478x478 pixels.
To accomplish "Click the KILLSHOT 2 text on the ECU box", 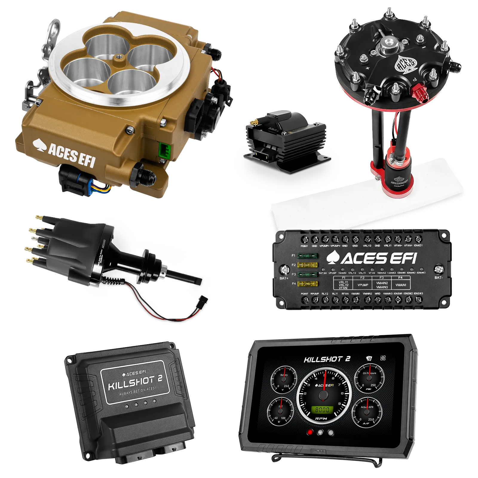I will coord(135,383).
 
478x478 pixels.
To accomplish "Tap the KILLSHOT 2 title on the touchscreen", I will coord(327,359).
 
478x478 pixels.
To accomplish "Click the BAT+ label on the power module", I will coord(284,278).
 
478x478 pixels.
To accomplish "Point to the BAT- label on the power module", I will coord(438,278).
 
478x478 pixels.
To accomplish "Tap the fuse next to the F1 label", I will coord(308,256).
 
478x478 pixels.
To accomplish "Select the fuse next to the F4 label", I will coord(308,284).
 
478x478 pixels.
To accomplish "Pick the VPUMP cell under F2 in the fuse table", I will coord(363,285).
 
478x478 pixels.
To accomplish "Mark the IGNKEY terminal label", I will coord(418,246).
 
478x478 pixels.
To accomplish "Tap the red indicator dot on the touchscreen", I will coord(310,432).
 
